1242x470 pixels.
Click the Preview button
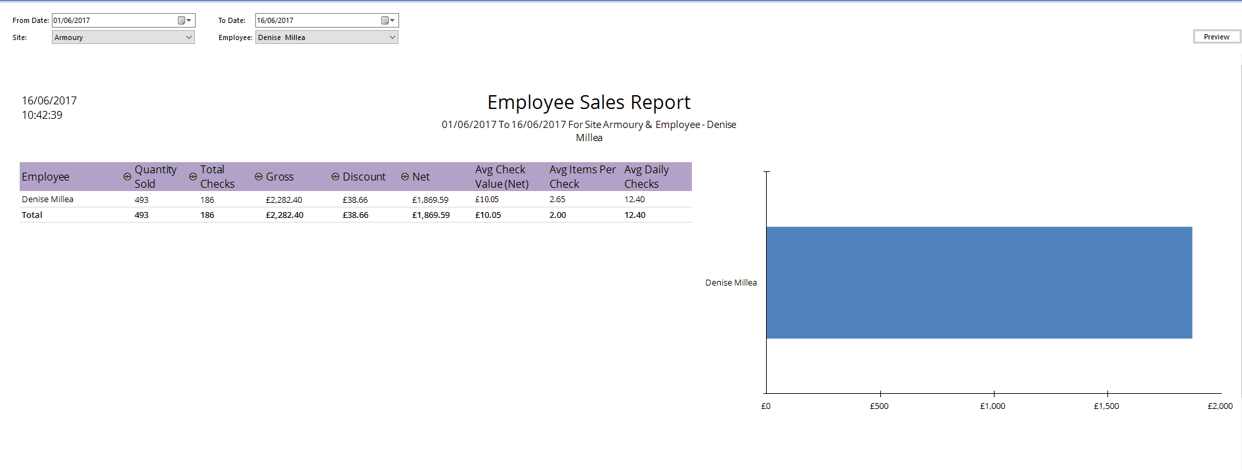1216,37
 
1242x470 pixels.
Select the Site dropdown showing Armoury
123,37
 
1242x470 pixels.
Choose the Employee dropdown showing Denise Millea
326,37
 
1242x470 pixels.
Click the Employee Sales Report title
588,102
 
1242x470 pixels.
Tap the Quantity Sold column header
156,177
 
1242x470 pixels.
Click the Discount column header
364,177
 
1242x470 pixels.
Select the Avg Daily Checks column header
646,177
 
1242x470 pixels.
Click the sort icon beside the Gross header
259,177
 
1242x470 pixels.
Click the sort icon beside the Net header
405,177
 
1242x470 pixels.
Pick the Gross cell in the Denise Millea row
284,200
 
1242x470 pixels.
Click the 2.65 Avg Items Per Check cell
557,200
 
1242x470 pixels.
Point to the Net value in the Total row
431,215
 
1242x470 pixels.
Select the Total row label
32,215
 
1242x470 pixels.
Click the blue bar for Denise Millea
978,283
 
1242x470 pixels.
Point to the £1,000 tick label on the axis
993,406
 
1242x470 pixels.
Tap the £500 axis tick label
879,406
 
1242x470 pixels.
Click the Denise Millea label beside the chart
731,283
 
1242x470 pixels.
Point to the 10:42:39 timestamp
42,116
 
